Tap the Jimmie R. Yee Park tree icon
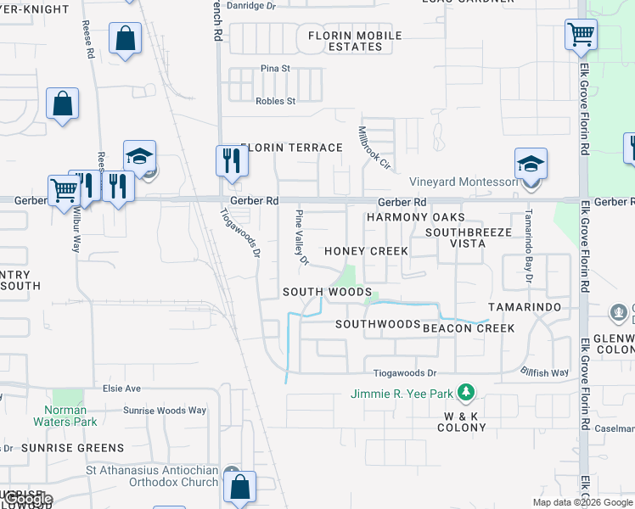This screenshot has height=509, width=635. (x=465, y=393)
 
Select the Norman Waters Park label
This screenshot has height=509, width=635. (x=66, y=416)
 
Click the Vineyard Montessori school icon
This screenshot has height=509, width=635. (x=531, y=163)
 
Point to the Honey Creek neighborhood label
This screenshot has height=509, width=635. (x=366, y=251)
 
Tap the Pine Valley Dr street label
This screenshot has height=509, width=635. (x=301, y=237)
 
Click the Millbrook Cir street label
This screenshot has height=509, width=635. (x=374, y=147)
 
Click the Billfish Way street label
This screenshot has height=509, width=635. (x=544, y=372)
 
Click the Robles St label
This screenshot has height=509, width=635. (x=275, y=101)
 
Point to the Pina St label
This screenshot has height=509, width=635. (x=275, y=68)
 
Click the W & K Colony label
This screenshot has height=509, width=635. (x=464, y=422)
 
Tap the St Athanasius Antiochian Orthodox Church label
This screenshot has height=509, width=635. (x=152, y=477)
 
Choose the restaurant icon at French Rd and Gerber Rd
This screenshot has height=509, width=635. (x=229, y=159)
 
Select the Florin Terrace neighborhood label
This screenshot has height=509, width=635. (x=291, y=148)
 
